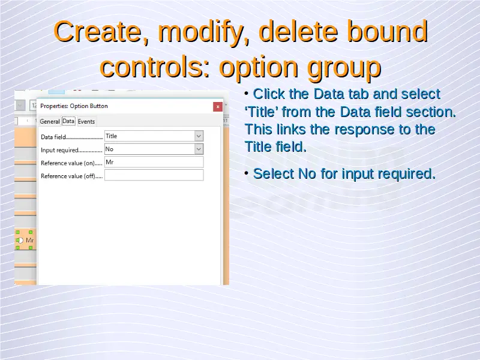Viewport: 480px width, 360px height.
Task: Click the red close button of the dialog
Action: pos(218,107)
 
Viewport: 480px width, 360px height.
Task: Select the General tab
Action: pos(50,122)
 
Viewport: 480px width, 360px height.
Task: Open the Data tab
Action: pos(68,121)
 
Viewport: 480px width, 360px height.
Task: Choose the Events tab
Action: pos(86,122)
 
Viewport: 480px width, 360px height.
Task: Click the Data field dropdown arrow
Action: pos(199,136)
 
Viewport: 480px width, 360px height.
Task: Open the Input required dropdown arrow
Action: pos(199,149)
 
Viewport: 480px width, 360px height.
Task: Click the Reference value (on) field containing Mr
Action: pos(154,162)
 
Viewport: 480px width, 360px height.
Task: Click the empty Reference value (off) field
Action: pos(154,175)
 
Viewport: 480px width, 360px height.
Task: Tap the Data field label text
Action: pos(53,137)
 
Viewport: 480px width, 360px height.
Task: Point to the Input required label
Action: pos(59,150)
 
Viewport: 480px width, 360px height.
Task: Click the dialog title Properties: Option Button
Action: pos(74,106)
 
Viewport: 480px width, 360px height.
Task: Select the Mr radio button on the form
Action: pos(20,241)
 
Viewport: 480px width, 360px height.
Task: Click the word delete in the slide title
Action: pos(298,31)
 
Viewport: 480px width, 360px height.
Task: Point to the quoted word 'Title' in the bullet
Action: pos(261,112)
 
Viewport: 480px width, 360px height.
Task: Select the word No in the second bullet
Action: pos(307,174)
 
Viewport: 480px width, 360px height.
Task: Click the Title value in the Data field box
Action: pos(112,136)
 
